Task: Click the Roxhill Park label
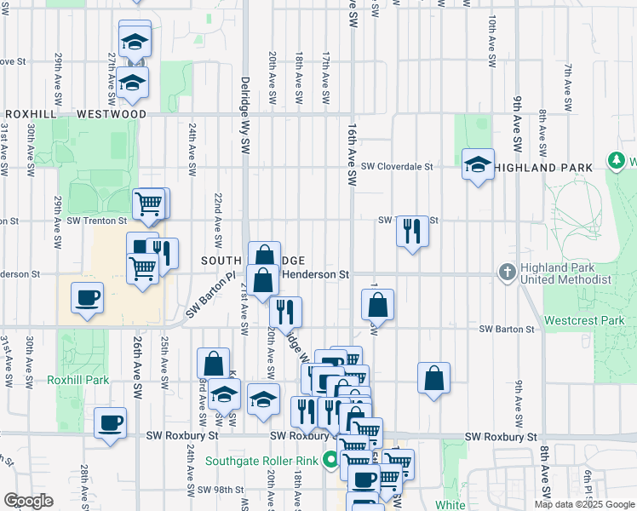tap(78, 380)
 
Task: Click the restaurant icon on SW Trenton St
tap(412, 229)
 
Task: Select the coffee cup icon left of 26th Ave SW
tap(87, 298)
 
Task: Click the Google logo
tap(28, 500)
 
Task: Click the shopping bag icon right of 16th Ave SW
tap(377, 304)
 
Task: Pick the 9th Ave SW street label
tap(517, 119)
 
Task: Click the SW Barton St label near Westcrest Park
tap(506, 329)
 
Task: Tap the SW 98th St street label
tap(221, 490)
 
